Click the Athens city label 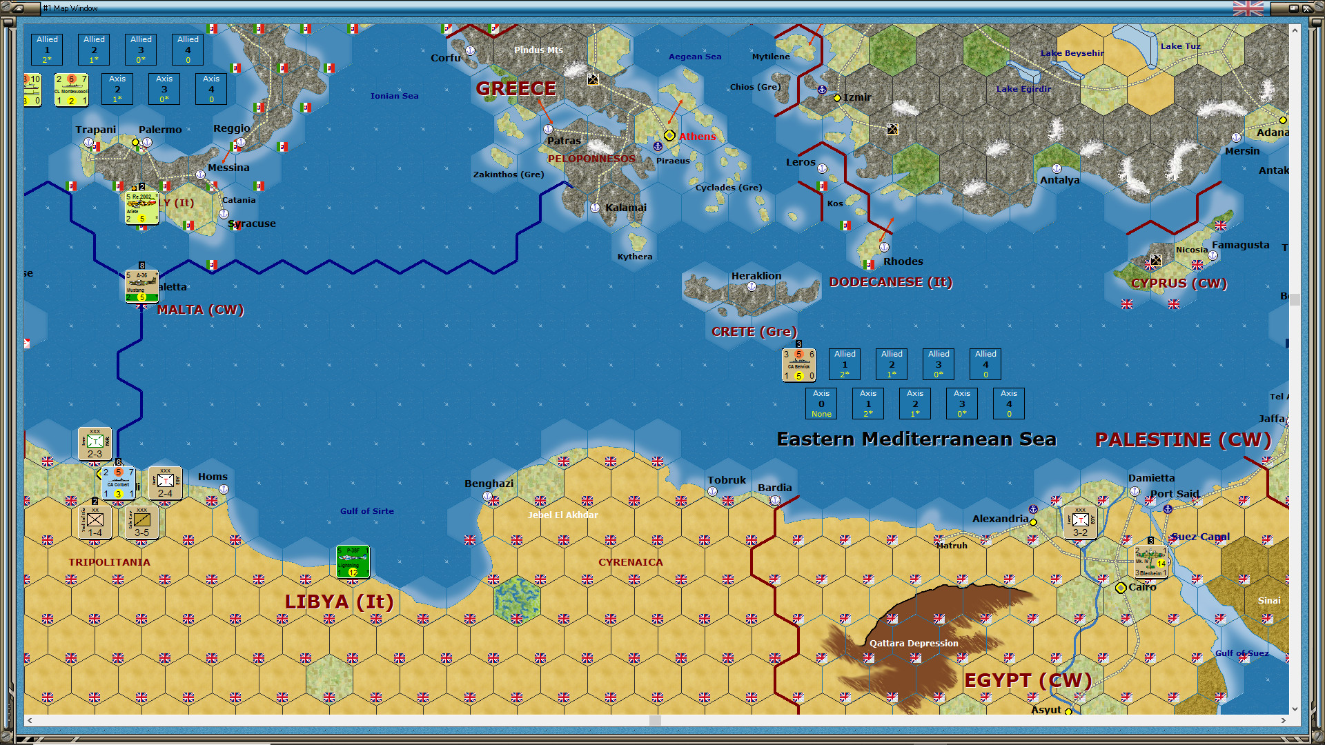pos(697,137)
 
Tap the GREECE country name pos(516,89)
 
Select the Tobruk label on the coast pos(726,480)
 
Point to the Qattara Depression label pos(914,643)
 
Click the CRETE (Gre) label pos(754,332)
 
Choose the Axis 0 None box pos(821,404)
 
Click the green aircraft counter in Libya pos(353,562)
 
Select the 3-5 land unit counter pos(141,523)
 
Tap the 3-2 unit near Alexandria pos(1080,523)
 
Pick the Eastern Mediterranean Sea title pos(916,439)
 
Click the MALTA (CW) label pos(200,310)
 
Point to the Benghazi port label pos(489,484)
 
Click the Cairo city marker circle pos(1121,588)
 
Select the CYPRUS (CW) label pos(1179,284)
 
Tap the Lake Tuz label pos(1180,46)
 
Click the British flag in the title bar pos(1248,8)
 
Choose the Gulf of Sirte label pos(366,511)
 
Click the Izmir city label pos(856,97)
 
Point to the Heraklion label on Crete pos(756,276)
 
